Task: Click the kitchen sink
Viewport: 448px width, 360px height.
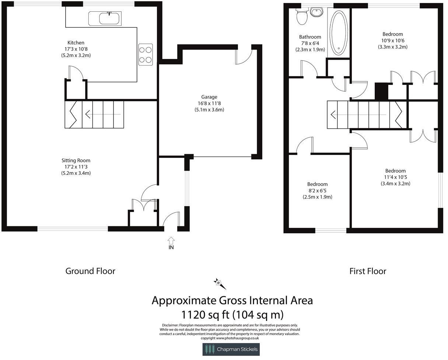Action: point(109,18)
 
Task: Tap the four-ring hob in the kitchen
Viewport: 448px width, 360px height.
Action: point(146,54)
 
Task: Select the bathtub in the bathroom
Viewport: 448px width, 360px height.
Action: point(339,32)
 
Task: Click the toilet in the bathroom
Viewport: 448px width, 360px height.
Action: point(302,17)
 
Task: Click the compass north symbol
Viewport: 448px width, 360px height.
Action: point(220,283)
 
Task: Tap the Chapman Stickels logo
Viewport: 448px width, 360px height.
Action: point(231,349)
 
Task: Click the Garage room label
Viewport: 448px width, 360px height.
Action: point(209,97)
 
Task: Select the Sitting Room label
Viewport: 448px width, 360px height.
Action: point(76,160)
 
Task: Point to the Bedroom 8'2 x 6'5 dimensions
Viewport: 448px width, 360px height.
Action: point(317,191)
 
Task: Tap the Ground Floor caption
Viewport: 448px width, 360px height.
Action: point(90,271)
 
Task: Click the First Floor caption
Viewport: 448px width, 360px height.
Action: point(368,271)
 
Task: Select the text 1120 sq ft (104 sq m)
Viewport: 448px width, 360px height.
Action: point(232,315)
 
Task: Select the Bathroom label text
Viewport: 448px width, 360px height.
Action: point(310,37)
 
